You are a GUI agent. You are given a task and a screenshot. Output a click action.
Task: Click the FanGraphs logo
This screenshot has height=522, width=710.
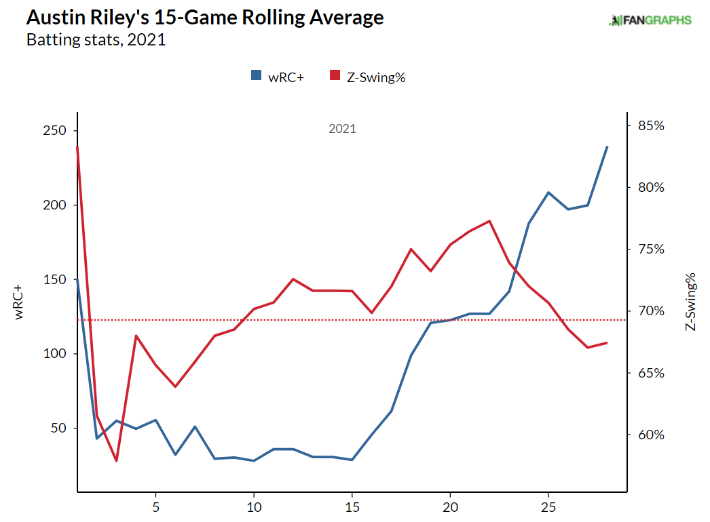[x=650, y=20]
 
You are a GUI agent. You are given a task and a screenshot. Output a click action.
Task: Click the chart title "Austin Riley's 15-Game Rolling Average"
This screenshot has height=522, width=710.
[x=204, y=18]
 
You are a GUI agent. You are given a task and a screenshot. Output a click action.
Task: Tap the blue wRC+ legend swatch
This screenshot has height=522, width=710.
[x=256, y=77]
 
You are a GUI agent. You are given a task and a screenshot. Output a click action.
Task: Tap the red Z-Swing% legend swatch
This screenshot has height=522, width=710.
[x=334, y=77]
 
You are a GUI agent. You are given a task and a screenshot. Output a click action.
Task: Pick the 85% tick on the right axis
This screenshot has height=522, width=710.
[x=650, y=126]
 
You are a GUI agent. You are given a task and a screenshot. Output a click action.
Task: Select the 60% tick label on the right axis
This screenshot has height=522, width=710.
[x=650, y=435]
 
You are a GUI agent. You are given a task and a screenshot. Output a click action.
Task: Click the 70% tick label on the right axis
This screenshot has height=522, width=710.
[x=650, y=312]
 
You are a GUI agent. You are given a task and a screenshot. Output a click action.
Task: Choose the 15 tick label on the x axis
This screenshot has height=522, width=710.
[x=352, y=507]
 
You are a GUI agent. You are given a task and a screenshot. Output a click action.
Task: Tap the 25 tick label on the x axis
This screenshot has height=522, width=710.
[x=548, y=507]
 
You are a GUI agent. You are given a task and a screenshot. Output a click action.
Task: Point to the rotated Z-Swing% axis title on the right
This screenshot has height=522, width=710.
[x=691, y=302]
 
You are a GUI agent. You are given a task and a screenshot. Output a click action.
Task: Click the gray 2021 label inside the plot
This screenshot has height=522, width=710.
[x=342, y=129]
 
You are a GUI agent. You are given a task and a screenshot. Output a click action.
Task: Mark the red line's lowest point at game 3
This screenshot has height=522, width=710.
[x=117, y=461]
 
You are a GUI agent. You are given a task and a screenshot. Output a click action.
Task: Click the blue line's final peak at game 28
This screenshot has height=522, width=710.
[x=607, y=146]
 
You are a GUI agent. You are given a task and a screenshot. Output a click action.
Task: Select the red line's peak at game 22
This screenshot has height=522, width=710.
[x=489, y=221]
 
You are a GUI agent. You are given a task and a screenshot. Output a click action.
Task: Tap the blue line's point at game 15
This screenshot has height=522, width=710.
[x=352, y=460]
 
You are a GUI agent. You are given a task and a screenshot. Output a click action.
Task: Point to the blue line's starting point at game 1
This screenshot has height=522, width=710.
[x=77, y=279]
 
